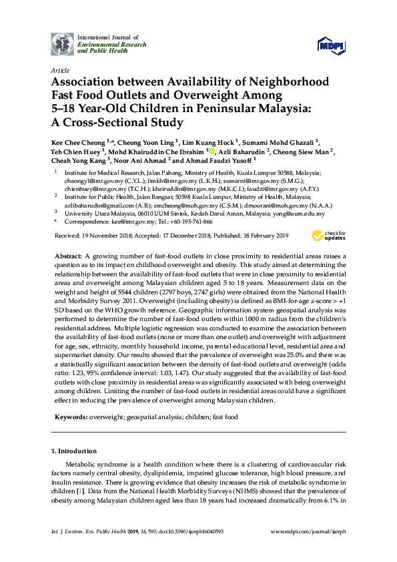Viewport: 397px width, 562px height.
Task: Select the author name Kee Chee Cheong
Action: coord(77,142)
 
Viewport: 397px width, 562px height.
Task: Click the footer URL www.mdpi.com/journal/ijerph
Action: coord(311,531)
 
